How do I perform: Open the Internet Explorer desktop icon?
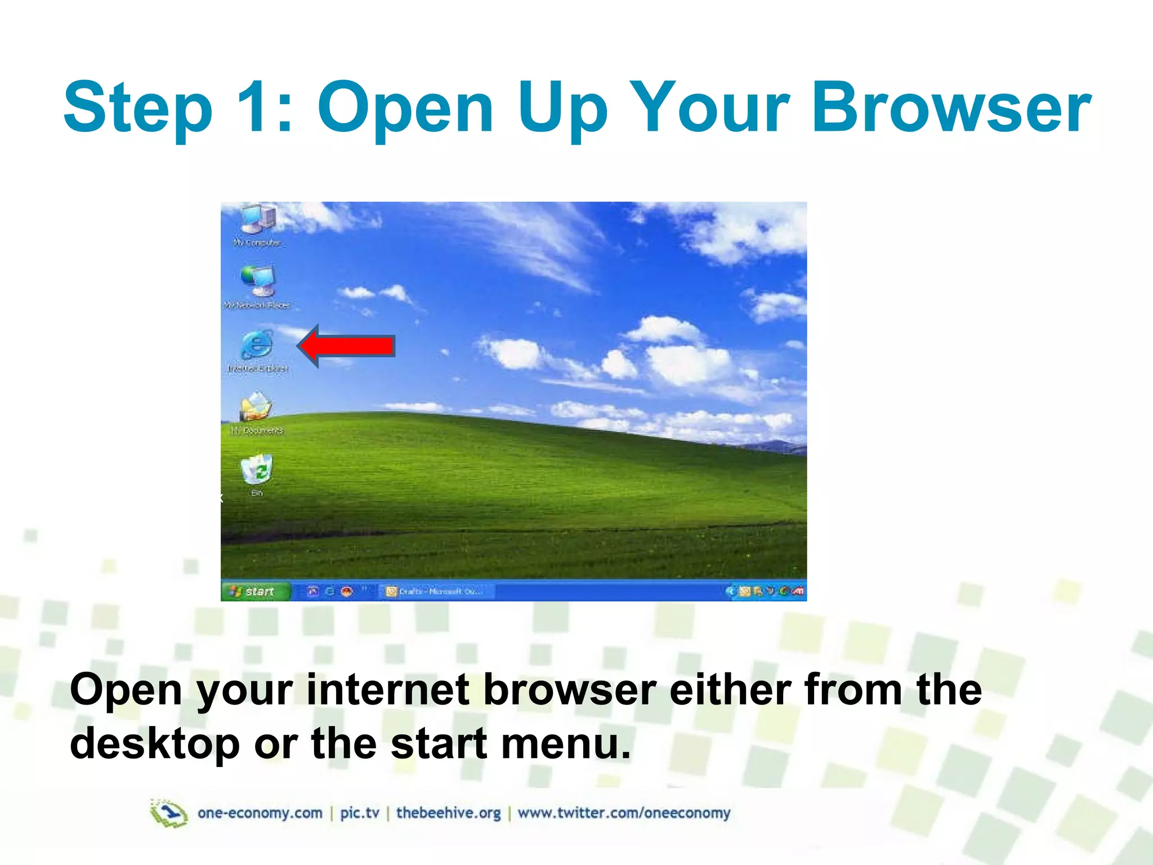coord(257,345)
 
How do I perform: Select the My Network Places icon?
coord(258,282)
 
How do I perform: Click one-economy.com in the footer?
coord(260,813)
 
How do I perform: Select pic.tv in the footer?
coord(360,813)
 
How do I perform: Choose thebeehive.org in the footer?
coord(448,813)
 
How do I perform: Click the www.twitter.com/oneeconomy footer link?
coord(624,813)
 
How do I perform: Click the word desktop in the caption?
coord(155,744)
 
